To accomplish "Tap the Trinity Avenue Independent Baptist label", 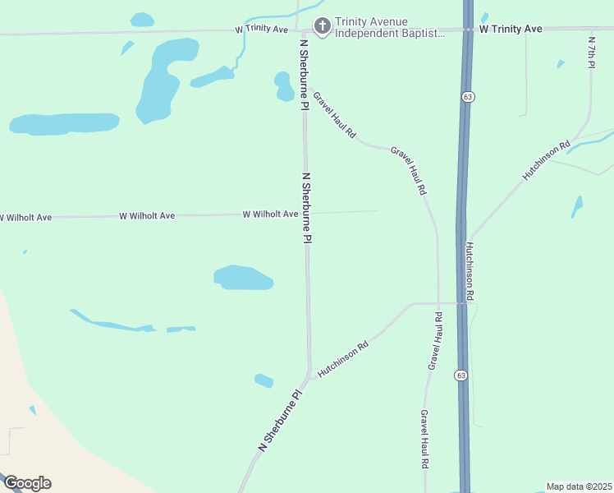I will pyautogui.click(x=390, y=28).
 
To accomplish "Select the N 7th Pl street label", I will pyautogui.click(x=592, y=51).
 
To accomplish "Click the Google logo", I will pyautogui.click(x=27, y=483).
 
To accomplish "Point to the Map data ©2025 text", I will pyautogui.click(x=580, y=486).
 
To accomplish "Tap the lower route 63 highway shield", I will pyautogui.click(x=461, y=376).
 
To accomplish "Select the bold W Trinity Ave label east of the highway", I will pyautogui.click(x=511, y=29).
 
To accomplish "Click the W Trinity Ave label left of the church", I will pyautogui.click(x=262, y=29).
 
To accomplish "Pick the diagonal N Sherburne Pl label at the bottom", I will pyautogui.click(x=281, y=419).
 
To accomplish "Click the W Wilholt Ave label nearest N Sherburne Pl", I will pyautogui.click(x=270, y=214).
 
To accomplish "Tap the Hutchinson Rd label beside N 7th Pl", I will pyautogui.click(x=546, y=162).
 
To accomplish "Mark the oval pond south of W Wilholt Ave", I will pyautogui.click(x=243, y=278).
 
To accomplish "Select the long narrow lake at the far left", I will pyautogui.click(x=64, y=123).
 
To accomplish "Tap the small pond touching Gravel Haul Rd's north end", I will pyautogui.click(x=284, y=86).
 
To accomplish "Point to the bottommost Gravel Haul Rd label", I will pyautogui.click(x=425, y=439).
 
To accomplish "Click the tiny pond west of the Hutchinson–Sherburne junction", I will pyautogui.click(x=263, y=380).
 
